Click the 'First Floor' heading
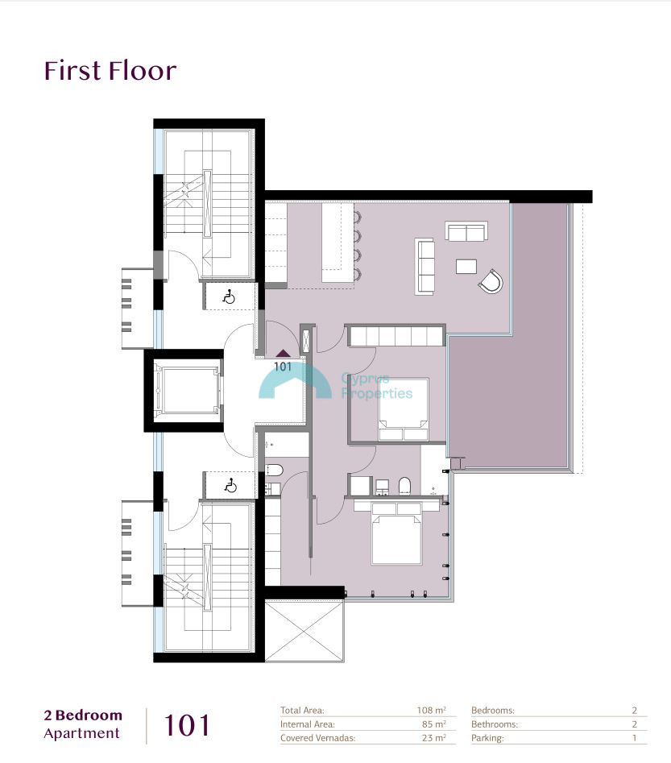click(x=110, y=71)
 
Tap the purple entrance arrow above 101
click(x=283, y=354)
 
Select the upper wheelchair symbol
click(x=229, y=296)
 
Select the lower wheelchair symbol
click(x=230, y=485)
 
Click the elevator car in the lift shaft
click(x=188, y=390)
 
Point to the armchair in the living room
click(x=491, y=281)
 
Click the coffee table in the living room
click(x=466, y=267)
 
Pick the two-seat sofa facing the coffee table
click(x=466, y=231)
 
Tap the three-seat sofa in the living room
click(x=425, y=266)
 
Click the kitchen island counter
click(x=338, y=243)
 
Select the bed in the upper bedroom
click(x=404, y=409)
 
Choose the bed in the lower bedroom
click(x=396, y=533)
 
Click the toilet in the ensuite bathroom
click(x=405, y=486)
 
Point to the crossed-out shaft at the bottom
click(x=304, y=631)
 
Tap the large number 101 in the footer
click(x=188, y=725)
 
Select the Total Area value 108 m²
click(x=431, y=710)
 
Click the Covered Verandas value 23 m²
click(x=433, y=738)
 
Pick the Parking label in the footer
click(x=487, y=738)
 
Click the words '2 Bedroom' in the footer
click(x=83, y=715)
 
